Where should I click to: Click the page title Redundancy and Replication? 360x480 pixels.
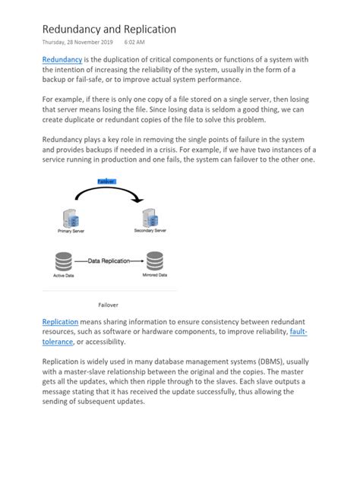tap(109, 29)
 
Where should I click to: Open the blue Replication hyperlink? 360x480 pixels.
tap(61, 322)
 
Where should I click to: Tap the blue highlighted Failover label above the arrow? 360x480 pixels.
tap(107, 181)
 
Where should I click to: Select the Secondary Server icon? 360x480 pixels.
tap(151, 216)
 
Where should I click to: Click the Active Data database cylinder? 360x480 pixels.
tap(63, 261)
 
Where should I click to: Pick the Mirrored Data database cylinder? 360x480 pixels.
tap(154, 261)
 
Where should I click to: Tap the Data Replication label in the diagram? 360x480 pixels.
tap(109, 261)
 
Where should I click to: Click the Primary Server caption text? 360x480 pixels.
tap(71, 231)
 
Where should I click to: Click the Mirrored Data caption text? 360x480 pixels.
tap(154, 275)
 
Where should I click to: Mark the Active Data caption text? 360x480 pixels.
tap(63, 275)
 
